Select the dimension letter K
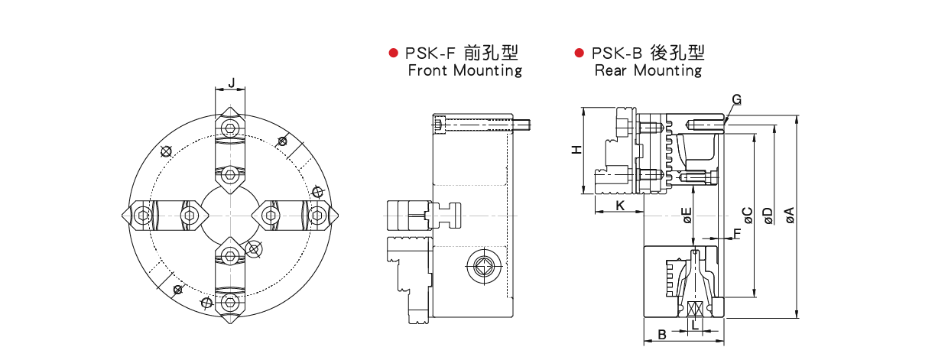(x=620, y=206)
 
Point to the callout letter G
(x=736, y=99)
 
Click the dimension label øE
(x=687, y=216)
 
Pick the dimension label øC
(x=748, y=216)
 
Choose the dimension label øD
(x=768, y=216)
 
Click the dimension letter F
(x=737, y=233)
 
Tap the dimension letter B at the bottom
(x=662, y=334)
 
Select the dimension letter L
(x=694, y=325)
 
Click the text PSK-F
(x=430, y=53)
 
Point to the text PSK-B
(x=616, y=53)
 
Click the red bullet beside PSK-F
(x=394, y=53)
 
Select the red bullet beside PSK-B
(x=580, y=53)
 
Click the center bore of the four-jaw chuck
(x=229, y=216)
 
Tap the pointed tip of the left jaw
(x=124, y=216)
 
